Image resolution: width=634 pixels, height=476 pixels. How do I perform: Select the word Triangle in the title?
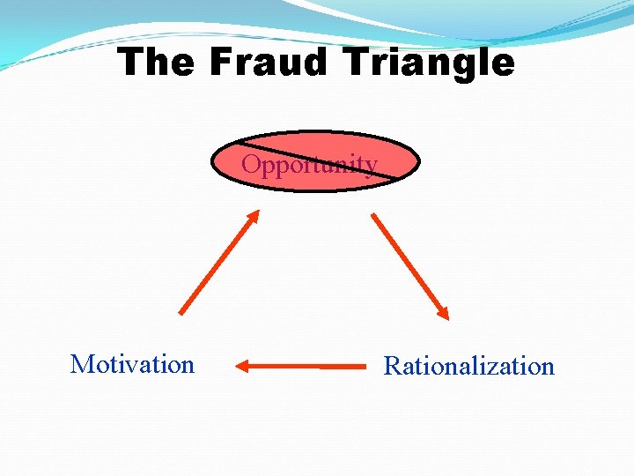click(431, 63)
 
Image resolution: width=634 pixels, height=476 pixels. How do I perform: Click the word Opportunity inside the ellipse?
click(309, 165)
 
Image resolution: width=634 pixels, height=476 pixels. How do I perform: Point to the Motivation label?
click(132, 364)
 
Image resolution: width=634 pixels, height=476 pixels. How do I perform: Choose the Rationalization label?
click(468, 366)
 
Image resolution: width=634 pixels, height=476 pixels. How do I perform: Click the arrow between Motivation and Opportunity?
click(219, 261)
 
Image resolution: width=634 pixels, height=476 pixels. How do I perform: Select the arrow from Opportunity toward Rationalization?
click(409, 264)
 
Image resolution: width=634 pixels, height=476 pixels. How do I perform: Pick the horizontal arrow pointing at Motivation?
click(302, 365)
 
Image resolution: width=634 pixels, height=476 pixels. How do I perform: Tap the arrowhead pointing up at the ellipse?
click(254, 215)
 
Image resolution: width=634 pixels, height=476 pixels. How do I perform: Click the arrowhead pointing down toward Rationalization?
click(444, 313)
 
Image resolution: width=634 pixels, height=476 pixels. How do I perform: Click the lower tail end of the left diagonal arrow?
click(181, 313)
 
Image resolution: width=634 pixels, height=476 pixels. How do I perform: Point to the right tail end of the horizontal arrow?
click(365, 365)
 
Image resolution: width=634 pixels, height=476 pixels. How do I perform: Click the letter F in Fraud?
click(222, 63)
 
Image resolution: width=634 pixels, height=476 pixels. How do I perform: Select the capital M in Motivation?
click(80, 364)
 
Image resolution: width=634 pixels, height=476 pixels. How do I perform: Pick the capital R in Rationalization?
click(392, 366)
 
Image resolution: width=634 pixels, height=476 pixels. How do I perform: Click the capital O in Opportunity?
click(251, 165)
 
